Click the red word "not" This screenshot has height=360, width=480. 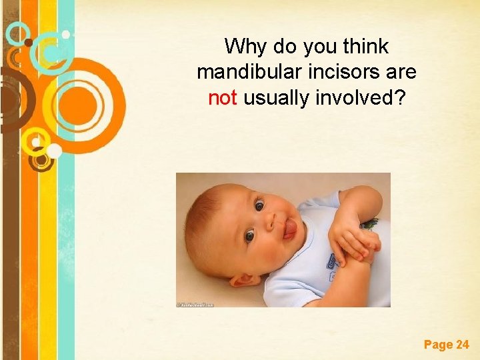click(223, 98)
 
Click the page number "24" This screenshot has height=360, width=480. click(462, 345)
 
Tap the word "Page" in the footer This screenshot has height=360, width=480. click(437, 345)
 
